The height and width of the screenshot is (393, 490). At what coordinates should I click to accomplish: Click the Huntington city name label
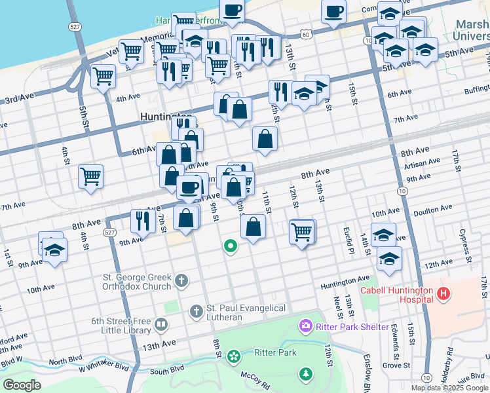click(x=165, y=117)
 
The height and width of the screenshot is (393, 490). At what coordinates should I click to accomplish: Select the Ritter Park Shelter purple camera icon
click(x=305, y=326)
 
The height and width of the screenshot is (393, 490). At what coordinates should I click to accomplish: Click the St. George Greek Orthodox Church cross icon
click(x=181, y=282)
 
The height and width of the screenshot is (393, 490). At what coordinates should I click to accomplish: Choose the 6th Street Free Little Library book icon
click(x=161, y=324)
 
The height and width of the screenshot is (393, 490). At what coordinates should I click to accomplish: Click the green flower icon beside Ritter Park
click(x=233, y=356)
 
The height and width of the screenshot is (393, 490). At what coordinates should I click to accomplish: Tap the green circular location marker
click(x=230, y=246)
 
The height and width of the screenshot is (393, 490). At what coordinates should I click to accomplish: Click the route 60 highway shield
click(x=306, y=32)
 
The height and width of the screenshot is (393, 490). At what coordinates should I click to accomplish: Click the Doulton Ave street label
click(x=434, y=208)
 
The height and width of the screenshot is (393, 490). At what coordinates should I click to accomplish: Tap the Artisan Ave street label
click(x=423, y=163)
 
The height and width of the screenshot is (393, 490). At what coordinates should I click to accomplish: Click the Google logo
click(x=22, y=384)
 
